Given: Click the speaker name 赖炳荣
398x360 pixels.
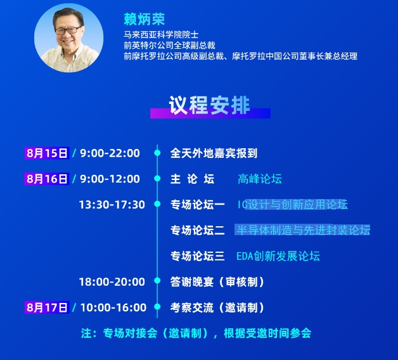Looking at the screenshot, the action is click(144, 19).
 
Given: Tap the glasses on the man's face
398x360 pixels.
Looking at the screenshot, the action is click(68, 30).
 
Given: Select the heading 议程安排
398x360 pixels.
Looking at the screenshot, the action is click(209, 105).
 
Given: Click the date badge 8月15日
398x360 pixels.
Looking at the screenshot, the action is click(47, 153).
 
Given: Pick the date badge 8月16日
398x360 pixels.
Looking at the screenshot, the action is click(47, 179).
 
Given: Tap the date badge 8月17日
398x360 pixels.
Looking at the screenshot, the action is click(47, 307).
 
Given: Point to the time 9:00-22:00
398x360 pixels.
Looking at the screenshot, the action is click(110, 153).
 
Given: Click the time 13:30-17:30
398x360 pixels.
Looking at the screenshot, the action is click(112, 205).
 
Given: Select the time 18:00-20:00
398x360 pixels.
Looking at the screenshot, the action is click(112, 282).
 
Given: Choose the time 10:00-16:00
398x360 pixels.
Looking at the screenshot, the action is click(113, 307).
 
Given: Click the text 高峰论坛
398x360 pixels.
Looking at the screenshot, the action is click(260, 179).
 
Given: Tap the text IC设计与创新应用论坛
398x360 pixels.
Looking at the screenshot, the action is click(293, 205).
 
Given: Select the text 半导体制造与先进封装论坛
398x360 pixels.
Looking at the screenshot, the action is click(303, 230).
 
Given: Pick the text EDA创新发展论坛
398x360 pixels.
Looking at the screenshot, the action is click(278, 256).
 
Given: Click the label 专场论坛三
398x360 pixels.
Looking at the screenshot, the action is click(198, 256).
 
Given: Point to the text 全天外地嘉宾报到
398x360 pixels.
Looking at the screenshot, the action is click(214, 153).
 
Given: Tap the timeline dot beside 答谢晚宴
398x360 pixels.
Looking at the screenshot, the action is click(157, 281).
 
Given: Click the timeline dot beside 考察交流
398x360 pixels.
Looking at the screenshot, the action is click(157, 307).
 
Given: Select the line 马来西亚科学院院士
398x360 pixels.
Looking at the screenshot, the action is click(161, 34).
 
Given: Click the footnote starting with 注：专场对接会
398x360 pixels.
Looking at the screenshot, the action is click(196, 333).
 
